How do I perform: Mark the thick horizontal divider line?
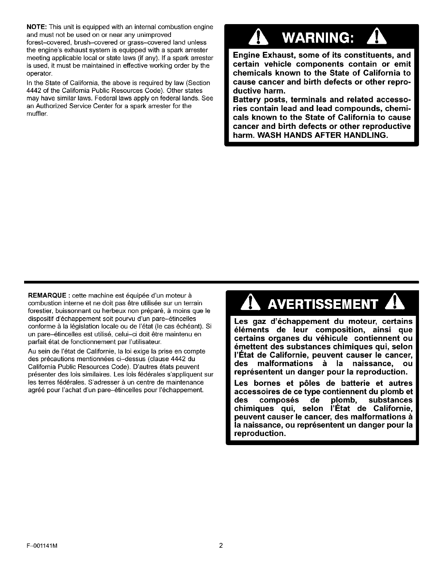tap(221, 282)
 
